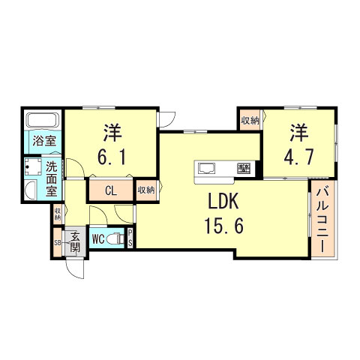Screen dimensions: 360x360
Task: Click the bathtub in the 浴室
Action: point(41,120)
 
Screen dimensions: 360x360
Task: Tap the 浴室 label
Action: point(41,140)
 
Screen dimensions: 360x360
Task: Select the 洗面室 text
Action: point(51,178)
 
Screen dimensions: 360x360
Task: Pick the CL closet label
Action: point(110,190)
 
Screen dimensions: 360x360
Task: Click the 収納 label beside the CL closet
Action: point(145,190)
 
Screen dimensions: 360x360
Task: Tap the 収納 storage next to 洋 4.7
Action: point(250,120)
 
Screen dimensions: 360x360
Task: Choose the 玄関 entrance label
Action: point(76,243)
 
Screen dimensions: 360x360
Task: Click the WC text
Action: point(97,240)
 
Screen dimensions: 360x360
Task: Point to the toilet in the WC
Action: point(115,239)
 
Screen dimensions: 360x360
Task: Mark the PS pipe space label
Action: point(130,238)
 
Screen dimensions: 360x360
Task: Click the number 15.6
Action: point(223,225)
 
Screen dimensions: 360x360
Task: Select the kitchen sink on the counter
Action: point(208,166)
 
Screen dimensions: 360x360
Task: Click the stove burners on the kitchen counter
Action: point(244,166)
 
